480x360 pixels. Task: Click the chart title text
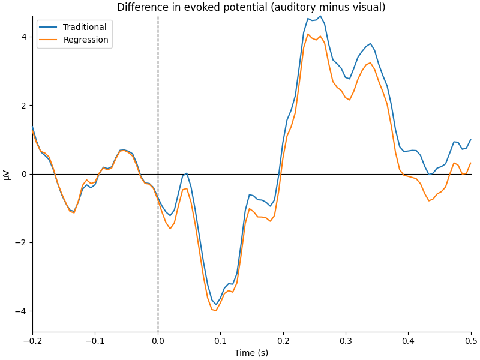(251, 8)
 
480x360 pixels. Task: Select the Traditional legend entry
(85, 27)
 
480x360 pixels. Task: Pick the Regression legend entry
(86, 40)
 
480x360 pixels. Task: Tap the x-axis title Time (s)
(251, 353)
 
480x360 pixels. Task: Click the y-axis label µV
(7, 174)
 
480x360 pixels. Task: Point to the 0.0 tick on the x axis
(158, 340)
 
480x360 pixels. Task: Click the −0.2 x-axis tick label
(32, 340)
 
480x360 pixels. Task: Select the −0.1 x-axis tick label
(95, 340)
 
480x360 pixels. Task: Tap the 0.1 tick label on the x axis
(220, 340)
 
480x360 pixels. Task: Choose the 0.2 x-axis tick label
(283, 340)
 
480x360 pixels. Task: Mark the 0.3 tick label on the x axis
(346, 340)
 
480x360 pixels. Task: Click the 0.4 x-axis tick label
(409, 340)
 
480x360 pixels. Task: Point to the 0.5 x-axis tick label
(471, 340)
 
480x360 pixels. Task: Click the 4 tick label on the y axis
(24, 37)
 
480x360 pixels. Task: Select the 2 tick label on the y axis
(24, 105)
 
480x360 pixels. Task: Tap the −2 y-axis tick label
(22, 242)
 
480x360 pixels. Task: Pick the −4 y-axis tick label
(22, 311)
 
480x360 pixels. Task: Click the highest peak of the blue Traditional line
(320, 16)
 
